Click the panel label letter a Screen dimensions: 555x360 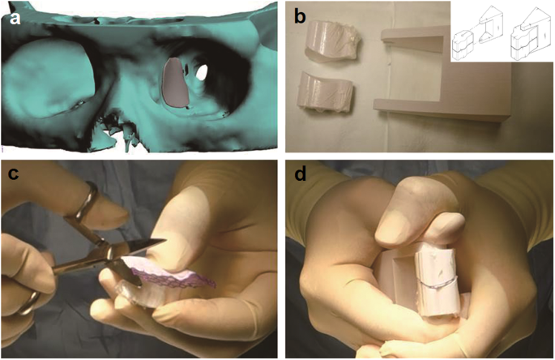(x=15, y=18)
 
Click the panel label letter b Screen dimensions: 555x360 (x=300, y=17)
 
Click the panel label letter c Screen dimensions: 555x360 (x=13, y=174)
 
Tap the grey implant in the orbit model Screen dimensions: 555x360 (x=173, y=82)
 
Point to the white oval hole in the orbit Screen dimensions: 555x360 (x=202, y=71)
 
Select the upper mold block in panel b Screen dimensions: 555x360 (x=333, y=41)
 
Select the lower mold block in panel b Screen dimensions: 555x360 (x=325, y=92)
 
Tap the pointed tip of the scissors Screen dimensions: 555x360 (x=166, y=241)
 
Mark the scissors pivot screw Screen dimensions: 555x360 (x=109, y=254)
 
